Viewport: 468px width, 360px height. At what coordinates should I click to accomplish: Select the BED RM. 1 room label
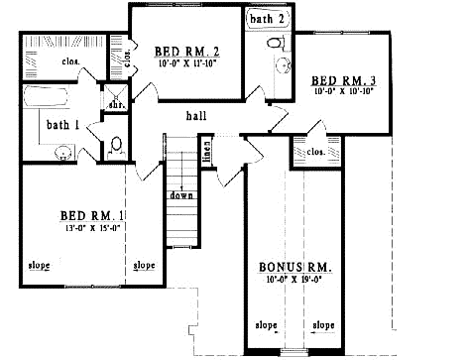90,215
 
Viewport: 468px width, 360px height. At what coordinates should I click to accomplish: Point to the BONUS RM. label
295,268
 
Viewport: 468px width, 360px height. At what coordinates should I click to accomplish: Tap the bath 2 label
268,18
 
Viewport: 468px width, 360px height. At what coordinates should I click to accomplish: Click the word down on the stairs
180,195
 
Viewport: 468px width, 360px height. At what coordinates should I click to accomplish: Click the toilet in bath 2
277,43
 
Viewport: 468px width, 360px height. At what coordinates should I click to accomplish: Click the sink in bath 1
64,152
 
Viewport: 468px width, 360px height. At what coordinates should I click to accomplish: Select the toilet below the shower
116,144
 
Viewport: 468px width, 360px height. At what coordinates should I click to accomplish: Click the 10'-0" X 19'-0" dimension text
295,281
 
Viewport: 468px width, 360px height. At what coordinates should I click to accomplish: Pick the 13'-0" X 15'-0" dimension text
90,228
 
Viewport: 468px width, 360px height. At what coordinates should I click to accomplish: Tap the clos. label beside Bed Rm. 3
317,152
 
